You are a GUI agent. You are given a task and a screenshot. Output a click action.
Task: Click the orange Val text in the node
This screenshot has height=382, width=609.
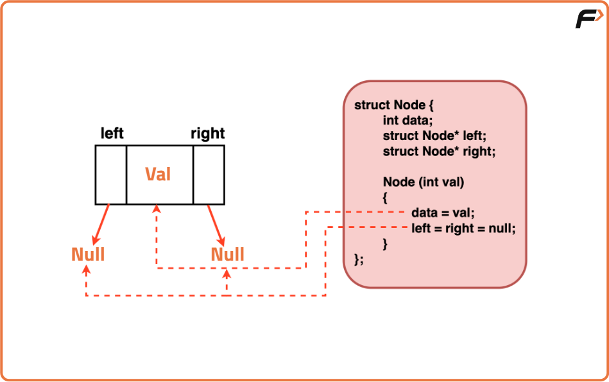(158, 174)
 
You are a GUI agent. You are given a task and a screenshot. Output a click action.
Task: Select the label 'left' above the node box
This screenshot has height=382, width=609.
(112, 134)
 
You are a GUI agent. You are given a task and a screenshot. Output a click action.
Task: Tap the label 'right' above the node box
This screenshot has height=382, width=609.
(207, 134)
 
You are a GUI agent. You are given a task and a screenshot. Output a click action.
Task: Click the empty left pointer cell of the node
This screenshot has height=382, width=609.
(111, 175)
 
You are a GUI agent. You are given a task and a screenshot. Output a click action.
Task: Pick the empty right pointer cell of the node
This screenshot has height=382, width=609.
(209, 175)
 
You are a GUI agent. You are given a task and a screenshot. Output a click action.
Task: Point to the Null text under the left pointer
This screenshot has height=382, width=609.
(88, 254)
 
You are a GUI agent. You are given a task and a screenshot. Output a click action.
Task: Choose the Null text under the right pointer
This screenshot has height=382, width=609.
(228, 254)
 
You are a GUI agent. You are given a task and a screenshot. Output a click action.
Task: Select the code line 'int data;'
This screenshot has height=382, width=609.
(409, 120)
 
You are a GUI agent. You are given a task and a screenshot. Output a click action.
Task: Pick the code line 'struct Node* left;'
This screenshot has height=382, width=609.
(434, 135)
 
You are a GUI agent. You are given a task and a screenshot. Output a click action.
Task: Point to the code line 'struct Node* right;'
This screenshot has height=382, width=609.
(440, 152)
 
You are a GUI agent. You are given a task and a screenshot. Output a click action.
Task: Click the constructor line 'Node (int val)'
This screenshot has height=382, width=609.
(423, 182)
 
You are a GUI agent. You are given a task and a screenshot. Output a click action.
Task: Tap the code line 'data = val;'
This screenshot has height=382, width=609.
(442, 213)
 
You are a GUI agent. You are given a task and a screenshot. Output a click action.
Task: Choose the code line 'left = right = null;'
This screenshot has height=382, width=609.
(463, 228)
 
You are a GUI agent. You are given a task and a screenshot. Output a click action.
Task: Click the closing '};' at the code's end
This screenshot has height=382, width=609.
(359, 259)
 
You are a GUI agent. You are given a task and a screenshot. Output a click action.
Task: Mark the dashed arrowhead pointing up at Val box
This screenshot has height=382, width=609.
(157, 209)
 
